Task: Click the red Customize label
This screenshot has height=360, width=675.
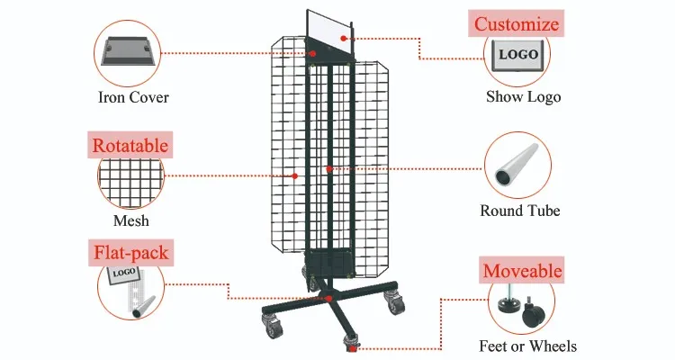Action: tap(517, 23)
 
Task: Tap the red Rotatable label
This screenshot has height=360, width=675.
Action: tap(130, 144)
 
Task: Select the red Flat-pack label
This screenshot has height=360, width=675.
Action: tap(130, 253)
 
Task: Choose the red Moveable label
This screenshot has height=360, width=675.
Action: tap(522, 270)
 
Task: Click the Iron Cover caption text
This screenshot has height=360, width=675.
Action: tap(133, 97)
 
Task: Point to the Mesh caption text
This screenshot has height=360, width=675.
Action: tap(131, 220)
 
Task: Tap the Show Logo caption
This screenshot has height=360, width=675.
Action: tap(523, 97)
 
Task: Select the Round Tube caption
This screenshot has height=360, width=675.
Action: tap(520, 211)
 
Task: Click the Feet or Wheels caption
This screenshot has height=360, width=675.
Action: tap(527, 346)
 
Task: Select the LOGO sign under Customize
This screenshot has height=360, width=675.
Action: tap(517, 56)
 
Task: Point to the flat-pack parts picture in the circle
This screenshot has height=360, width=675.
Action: tap(130, 290)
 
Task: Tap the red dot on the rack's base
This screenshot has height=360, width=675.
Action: tap(329, 298)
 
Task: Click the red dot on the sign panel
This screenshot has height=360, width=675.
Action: tap(312, 53)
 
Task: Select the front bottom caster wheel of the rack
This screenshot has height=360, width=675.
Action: tap(352, 342)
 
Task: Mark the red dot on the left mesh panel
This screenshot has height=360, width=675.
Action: tap(295, 175)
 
